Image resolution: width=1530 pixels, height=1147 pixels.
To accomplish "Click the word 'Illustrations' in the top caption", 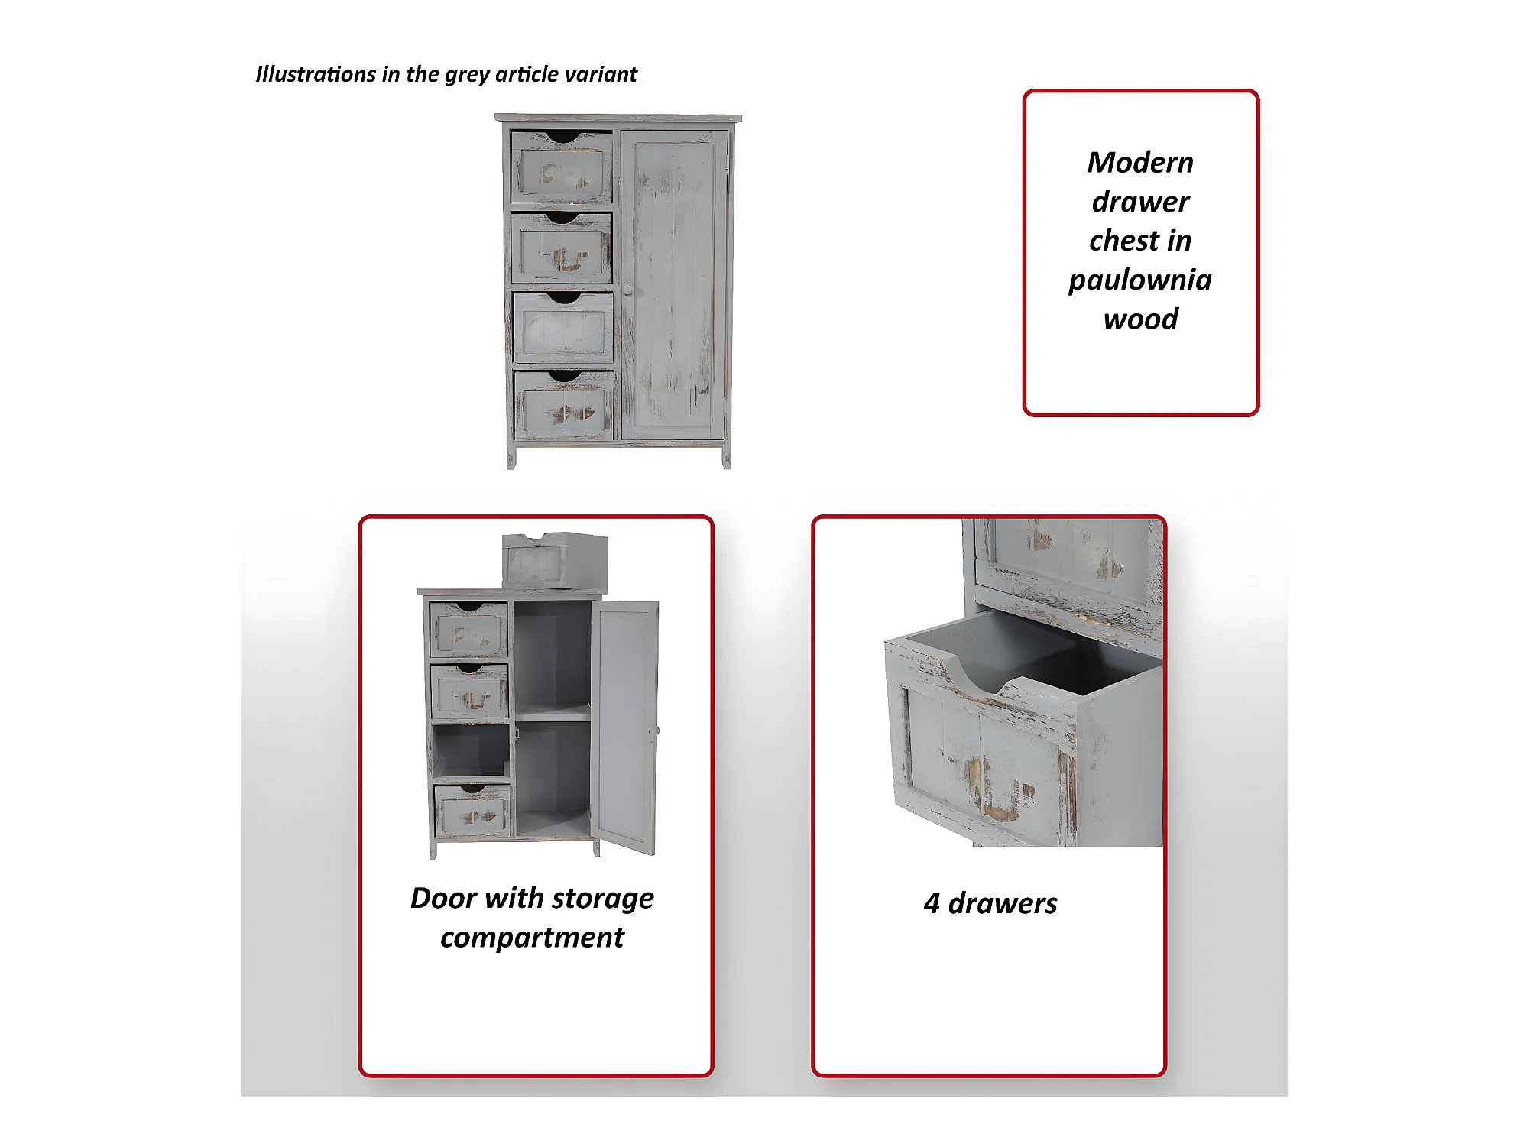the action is [x=316, y=74].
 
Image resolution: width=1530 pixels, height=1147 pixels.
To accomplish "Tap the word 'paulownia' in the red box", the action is [x=1140, y=280].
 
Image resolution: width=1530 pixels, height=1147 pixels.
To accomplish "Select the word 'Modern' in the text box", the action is [x=1140, y=162].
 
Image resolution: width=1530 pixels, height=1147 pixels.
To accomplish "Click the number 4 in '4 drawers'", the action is [x=932, y=903].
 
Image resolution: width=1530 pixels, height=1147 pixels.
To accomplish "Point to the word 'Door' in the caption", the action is [x=443, y=898].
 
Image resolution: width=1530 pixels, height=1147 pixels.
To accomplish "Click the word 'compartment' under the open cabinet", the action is [x=532, y=938].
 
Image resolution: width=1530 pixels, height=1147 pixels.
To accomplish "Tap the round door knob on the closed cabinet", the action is [x=627, y=290].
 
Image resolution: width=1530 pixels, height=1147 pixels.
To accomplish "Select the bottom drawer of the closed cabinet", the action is [x=564, y=406].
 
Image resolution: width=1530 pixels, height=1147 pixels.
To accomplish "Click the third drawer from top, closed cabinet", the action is [x=563, y=327].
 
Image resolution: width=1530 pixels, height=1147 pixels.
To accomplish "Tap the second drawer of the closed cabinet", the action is [x=562, y=248].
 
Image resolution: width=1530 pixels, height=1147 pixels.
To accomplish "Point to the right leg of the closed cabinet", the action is [x=727, y=457].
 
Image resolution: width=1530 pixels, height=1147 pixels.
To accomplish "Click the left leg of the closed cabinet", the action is [x=511, y=457].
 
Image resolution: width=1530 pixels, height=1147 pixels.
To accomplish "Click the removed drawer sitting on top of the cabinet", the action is [x=555, y=560].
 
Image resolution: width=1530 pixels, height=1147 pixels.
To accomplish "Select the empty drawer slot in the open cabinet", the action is [x=471, y=750].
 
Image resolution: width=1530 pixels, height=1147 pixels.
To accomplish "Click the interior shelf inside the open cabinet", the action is [x=553, y=714].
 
